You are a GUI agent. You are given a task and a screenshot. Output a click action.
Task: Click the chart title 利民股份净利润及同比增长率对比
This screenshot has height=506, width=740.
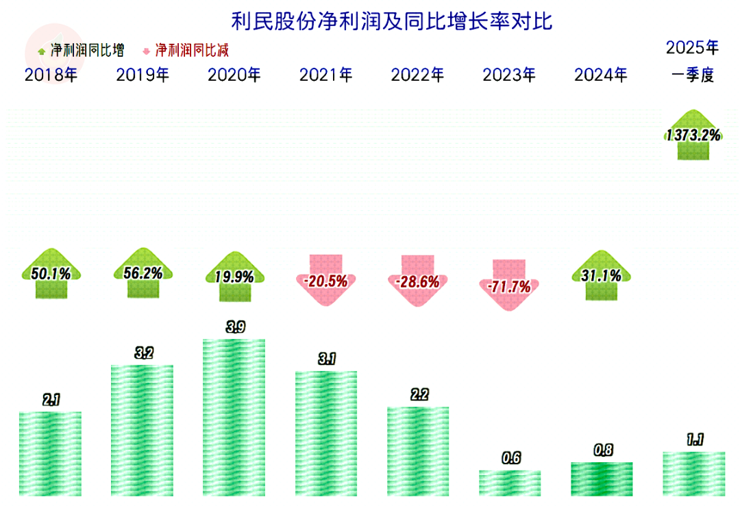(x=391, y=21)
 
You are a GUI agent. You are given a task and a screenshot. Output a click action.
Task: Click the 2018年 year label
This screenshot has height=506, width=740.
(x=51, y=75)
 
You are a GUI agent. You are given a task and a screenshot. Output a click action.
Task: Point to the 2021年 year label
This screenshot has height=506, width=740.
(x=325, y=75)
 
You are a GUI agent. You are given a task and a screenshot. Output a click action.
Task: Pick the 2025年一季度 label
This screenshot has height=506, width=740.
(x=693, y=62)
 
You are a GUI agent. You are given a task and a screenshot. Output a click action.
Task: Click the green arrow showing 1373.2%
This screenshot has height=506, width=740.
(x=693, y=135)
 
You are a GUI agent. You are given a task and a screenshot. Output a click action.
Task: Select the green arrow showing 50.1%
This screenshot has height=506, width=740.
(x=51, y=274)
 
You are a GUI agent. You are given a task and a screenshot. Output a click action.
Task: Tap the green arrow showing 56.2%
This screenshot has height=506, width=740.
(x=143, y=273)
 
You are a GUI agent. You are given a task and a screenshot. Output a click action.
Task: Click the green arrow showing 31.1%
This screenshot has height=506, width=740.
(x=601, y=275)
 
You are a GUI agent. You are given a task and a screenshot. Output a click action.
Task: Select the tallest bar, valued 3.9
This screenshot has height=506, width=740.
(x=234, y=417)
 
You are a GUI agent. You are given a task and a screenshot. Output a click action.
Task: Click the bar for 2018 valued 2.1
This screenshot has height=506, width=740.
(x=51, y=453)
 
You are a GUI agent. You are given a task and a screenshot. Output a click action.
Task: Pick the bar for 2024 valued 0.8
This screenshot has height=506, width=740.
(x=601, y=479)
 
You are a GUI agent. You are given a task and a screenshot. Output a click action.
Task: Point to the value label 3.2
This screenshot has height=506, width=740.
(x=144, y=353)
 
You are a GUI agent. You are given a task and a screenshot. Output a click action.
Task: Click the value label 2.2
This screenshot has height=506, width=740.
(x=419, y=395)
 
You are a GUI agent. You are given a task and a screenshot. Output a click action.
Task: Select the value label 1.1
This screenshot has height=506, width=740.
(x=694, y=440)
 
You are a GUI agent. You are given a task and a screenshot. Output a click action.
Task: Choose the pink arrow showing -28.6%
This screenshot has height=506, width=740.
(x=418, y=280)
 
